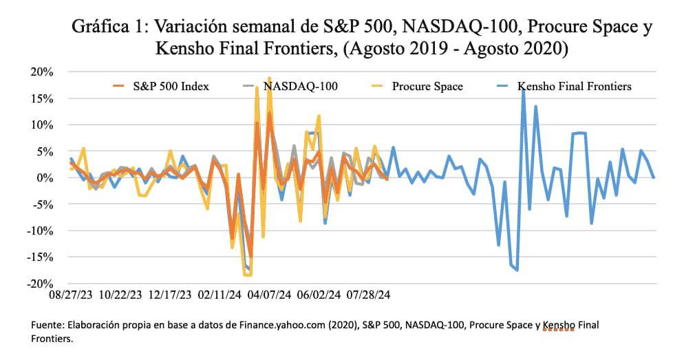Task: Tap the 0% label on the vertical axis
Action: (x=46, y=178)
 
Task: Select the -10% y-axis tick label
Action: (x=41, y=231)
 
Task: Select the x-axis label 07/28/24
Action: (x=367, y=294)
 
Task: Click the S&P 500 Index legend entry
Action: (x=171, y=87)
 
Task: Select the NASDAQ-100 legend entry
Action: (x=300, y=87)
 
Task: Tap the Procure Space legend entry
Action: (x=427, y=87)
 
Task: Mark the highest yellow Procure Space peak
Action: (x=269, y=78)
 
